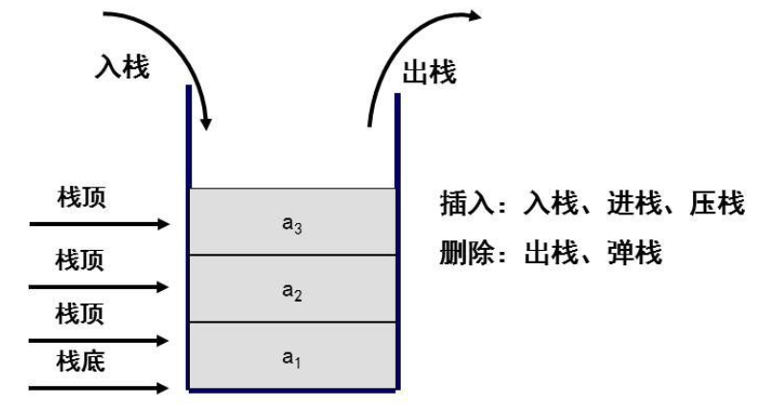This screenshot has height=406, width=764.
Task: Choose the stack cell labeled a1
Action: pyautogui.click(x=292, y=355)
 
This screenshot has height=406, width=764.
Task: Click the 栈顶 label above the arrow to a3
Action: pyautogui.click(x=81, y=197)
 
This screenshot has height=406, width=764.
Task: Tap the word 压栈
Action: pyautogui.click(x=717, y=204)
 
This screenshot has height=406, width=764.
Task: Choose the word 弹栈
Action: pyautogui.click(x=627, y=256)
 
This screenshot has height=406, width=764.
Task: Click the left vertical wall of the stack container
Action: pyautogui.click(x=189, y=239)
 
